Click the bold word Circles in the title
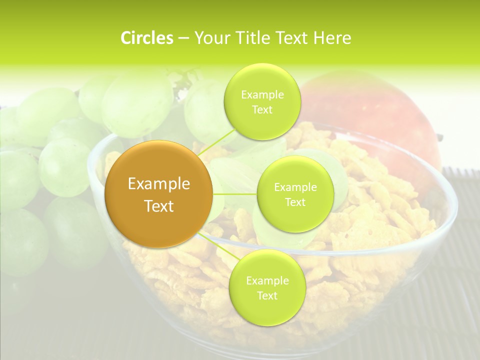tap(147, 38)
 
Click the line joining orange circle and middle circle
tap(234, 194)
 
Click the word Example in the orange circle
tap(158, 184)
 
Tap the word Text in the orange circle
tap(158, 206)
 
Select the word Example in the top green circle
tap(262, 95)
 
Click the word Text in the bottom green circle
tap(267, 295)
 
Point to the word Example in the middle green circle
tap(295, 187)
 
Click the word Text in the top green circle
tap(262, 109)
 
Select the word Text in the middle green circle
tap(295, 202)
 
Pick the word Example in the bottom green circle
tap(267, 281)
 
